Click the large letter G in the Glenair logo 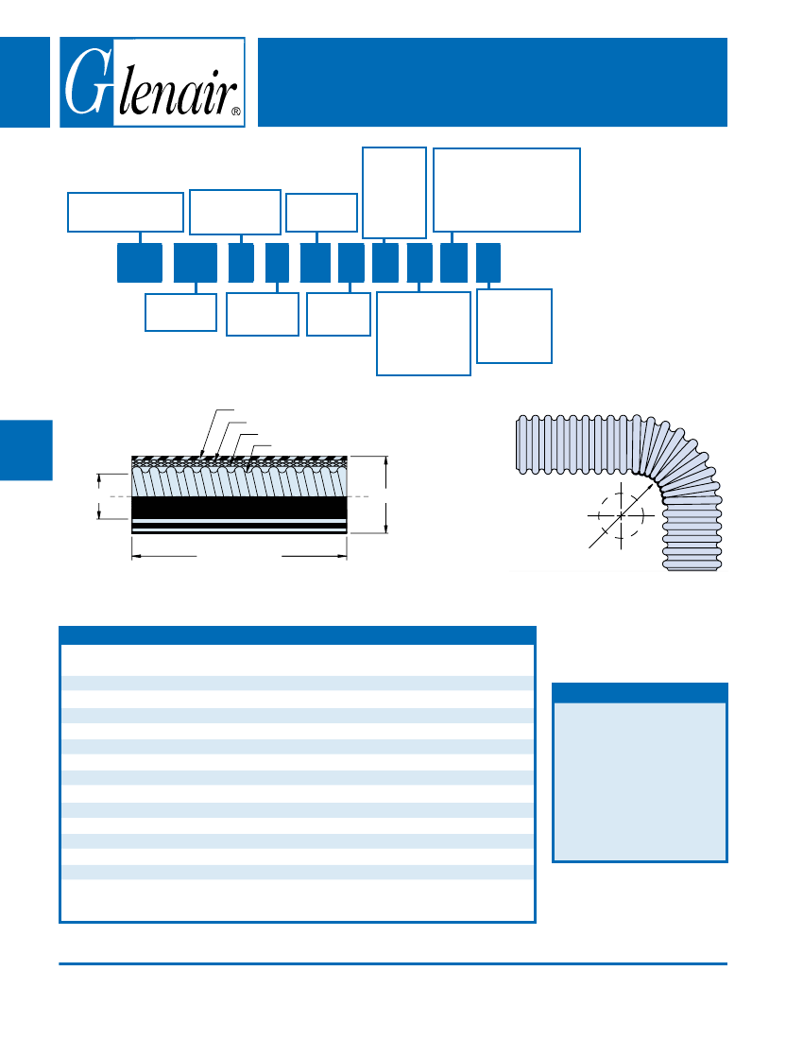click(85, 81)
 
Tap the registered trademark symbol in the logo click(236, 112)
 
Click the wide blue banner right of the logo click(492, 82)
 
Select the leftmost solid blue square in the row click(140, 263)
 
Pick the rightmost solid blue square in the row click(488, 263)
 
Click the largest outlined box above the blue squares click(507, 190)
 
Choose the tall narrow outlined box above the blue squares click(394, 192)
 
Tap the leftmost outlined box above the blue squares click(126, 212)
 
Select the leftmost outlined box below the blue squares click(180, 312)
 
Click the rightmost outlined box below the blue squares click(514, 325)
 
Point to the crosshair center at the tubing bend click(621, 515)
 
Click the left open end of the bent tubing click(518, 444)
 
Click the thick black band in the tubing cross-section click(239, 508)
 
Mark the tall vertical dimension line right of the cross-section click(386, 494)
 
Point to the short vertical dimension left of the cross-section click(99, 496)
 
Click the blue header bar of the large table click(298, 635)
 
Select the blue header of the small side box click(640, 693)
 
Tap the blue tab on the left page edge click(26, 450)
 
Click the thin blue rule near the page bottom click(393, 963)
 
